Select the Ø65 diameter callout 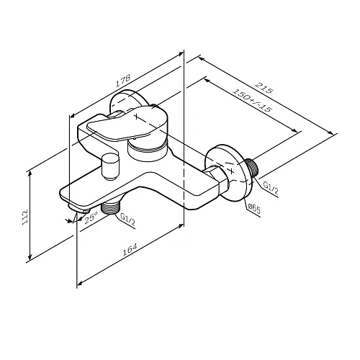(x=253, y=209)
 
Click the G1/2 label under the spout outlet (x=127, y=217)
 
